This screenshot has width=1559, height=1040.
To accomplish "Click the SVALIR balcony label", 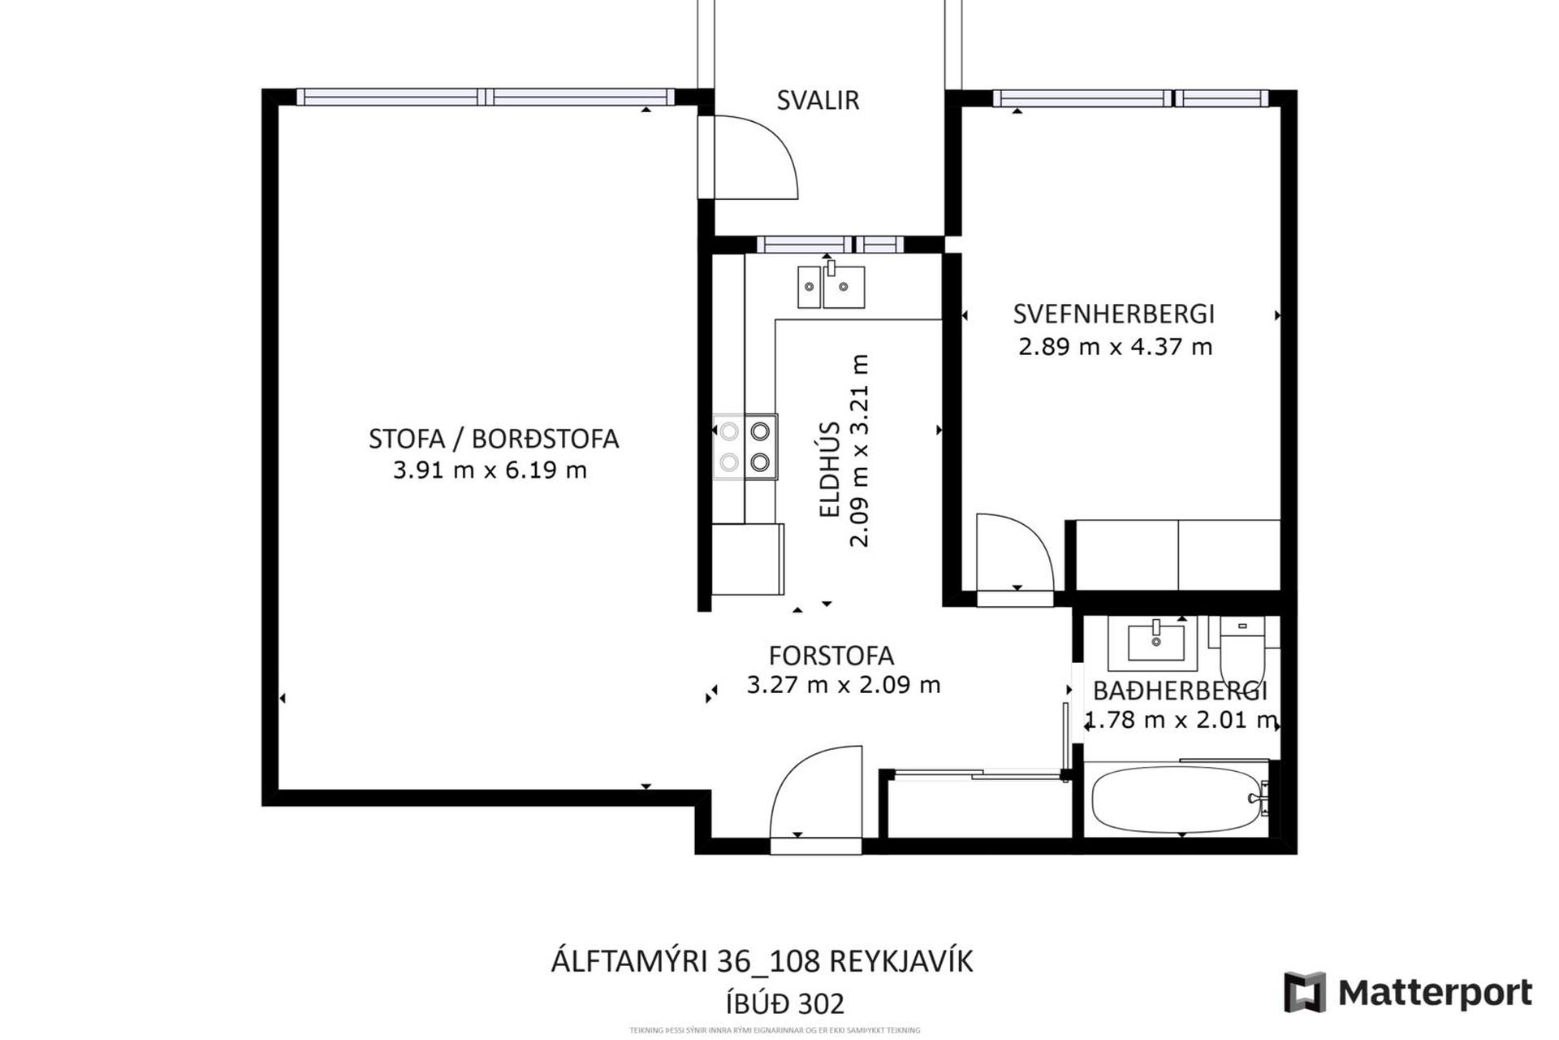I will (x=818, y=100).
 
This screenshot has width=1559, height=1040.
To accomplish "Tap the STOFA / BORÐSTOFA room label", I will (x=494, y=439).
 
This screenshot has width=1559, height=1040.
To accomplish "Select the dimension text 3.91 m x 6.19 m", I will (x=490, y=470).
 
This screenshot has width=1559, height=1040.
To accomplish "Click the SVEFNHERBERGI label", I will (x=1114, y=314).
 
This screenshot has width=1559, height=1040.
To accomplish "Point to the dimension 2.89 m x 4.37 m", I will (x=1115, y=347).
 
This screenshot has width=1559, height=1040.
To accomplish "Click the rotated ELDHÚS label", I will (x=829, y=470).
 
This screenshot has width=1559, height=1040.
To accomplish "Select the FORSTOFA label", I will (x=831, y=655).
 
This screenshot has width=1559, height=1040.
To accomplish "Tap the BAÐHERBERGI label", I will (x=1180, y=691).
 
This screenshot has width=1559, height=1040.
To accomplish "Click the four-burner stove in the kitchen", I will (x=745, y=447).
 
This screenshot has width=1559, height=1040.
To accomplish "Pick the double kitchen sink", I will (x=831, y=287).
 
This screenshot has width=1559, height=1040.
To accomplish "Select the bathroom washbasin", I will (x=1157, y=640).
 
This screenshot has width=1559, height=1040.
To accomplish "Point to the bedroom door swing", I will (x=1015, y=552).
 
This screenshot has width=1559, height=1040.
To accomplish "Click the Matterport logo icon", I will (x=1304, y=992).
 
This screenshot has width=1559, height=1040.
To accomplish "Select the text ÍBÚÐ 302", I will (x=785, y=1003).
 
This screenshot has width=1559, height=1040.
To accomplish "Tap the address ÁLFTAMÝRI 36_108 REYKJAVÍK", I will (x=762, y=962).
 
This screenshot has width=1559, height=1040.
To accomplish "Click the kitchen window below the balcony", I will (x=830, y=244).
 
